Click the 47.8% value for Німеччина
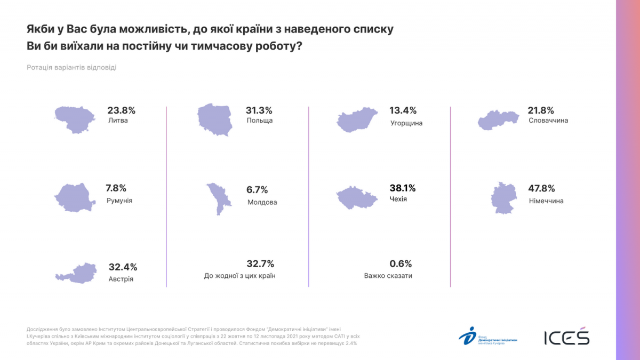(x=542, y=188)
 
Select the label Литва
(x=118, y=121)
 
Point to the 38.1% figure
(x=403, y=188)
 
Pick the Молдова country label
(x=262, y=202)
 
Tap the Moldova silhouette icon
(x=218, y=198)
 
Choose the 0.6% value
(x=401, y=263)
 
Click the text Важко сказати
(x=388, y=276)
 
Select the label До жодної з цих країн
(x=239, y=276)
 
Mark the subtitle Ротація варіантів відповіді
(x=71, y=68)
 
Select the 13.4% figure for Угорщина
(x=403, y=110)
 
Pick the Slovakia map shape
(x=498, y=121)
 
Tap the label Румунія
(x=119, y=201)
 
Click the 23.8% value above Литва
(x=122, y=110)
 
